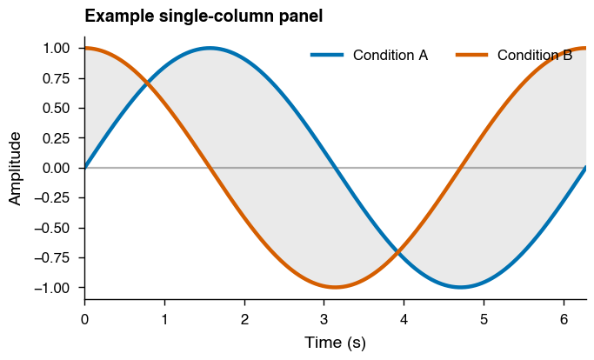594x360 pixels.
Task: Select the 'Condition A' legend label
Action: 390,56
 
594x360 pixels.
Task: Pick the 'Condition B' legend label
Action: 535,56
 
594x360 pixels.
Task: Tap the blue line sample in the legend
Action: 328,56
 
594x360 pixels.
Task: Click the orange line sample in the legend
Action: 472,56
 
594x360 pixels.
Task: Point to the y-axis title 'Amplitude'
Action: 15,168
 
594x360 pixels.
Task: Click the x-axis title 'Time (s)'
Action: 335,343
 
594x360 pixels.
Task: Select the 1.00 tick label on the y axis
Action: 58,48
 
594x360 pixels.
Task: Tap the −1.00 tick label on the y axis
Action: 55,288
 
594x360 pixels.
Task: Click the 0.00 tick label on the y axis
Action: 58,168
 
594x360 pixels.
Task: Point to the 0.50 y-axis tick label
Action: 58,108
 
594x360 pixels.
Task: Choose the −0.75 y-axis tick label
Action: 55,257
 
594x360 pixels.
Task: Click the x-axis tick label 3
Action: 324,319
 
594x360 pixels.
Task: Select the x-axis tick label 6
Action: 564,319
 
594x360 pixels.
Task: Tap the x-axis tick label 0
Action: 84,319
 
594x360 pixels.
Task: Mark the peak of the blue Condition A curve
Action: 210,48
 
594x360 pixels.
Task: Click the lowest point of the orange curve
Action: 336,287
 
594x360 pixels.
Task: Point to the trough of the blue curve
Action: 461,287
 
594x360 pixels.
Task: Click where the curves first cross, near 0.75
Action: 147,83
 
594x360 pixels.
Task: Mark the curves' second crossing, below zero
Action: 398,252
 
